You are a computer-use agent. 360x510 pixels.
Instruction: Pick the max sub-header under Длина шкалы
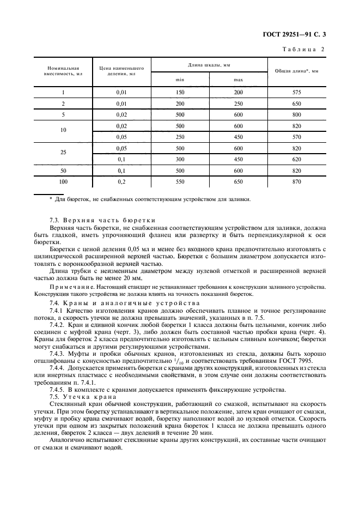point(238,80)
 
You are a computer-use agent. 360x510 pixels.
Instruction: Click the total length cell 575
point(296,93)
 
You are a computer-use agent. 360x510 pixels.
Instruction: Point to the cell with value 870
point(296,181)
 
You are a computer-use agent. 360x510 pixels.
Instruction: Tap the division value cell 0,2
point(121,181)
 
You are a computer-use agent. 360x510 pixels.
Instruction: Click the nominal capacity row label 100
point(63,181)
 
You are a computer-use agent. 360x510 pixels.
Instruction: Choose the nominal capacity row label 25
point(63,154)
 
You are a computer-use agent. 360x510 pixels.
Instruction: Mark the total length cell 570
point(296,137)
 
